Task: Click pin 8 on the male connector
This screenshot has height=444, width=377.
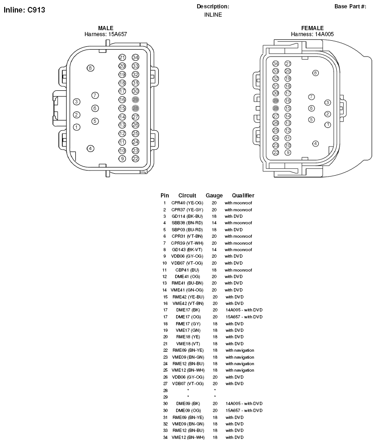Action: (91, 68)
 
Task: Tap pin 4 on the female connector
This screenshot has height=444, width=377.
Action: (315, 144)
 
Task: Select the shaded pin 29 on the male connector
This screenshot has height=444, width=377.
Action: (136, 100)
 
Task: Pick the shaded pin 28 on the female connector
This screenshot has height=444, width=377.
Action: (276, 108)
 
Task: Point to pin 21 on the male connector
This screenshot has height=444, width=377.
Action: (122, 57)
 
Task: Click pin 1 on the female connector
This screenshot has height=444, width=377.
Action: (328, 125)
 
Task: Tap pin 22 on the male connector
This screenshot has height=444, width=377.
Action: (136, 159)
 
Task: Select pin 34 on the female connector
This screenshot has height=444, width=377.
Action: (276, 63)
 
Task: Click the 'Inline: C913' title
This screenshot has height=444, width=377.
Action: (25, 10)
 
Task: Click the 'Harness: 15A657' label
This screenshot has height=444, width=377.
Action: (105, 34)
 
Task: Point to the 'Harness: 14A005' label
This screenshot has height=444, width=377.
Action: (312, 34)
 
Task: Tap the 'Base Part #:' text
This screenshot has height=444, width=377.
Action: (350, 6)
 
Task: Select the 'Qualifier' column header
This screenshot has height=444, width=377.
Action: (243, 196)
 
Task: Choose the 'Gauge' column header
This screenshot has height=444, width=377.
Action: (214, 196)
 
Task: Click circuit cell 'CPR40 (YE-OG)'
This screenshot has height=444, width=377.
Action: (187, 203)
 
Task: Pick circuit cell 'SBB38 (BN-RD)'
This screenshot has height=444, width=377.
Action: (187, 223)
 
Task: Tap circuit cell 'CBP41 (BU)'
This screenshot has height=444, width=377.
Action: (187, 270)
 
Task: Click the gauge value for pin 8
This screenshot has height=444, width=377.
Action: (214, 250)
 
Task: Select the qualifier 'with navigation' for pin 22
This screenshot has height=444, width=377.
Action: (240, 350)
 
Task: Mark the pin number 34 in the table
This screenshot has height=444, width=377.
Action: (165, 437)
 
